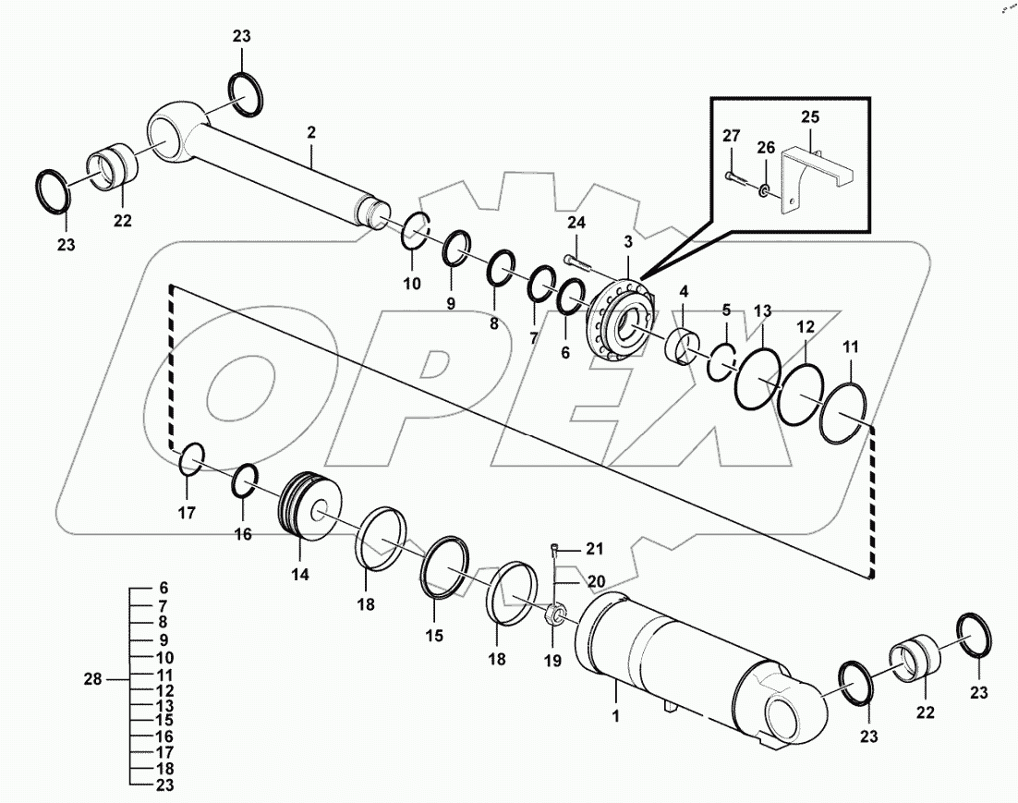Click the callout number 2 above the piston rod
point(311,134)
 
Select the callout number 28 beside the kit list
point(92,679)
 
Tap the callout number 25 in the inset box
point(810,118)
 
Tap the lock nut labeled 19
point(555,613)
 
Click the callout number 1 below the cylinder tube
point(616,716)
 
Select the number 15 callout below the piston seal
point(434,636)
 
